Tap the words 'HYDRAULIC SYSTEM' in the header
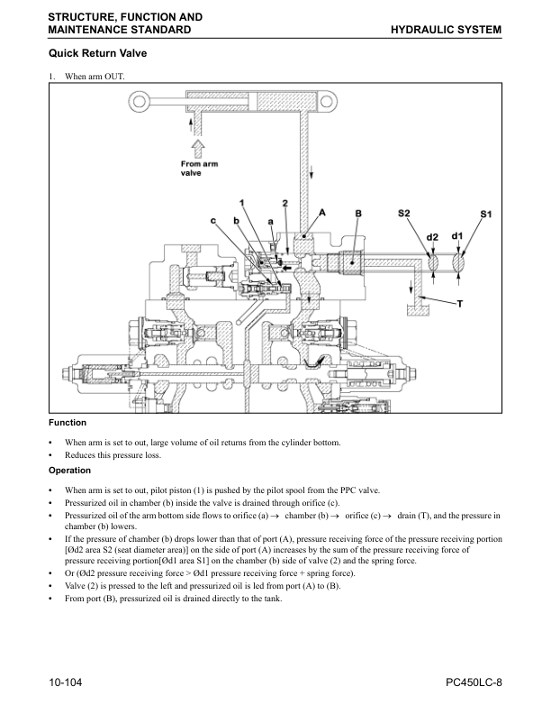click(x=446, y=30)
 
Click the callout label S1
click(x=486, y=214)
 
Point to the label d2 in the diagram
click(x=432, y=237)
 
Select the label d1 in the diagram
click(x=457, y=236)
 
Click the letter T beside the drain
click(x=460, y=304)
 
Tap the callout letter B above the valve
click(x=358, y=214)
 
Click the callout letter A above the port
click(x=321, y=214)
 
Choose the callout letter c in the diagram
click(x=213, y=221)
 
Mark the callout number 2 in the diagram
click(x=285, y=203)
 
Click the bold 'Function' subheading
click(x=68, y=422)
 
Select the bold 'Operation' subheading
click(x=69, y=470)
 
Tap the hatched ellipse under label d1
click(x=460, y=262)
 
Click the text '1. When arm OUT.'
click(x=86, y=76)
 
